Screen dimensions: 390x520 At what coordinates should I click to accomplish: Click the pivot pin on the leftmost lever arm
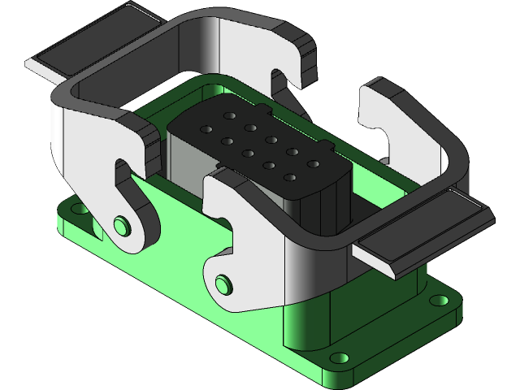(x=122, y=223)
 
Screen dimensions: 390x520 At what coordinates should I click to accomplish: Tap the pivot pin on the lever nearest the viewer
(x=221, y=284)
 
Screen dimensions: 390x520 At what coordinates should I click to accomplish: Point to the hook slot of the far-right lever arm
(x=378, y=130)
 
